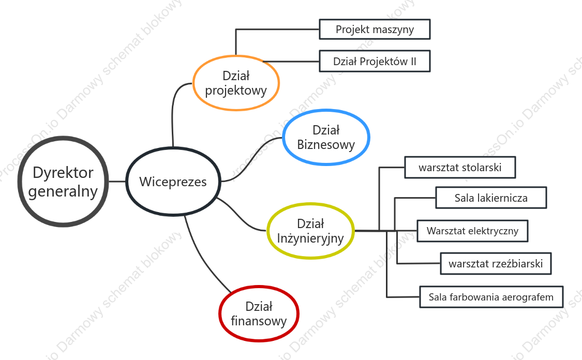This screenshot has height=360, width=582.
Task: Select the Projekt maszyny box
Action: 375,29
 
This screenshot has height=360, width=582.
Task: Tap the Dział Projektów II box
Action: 375,61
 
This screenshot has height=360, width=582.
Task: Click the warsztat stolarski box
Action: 460,168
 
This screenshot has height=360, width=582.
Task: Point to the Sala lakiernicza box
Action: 491,198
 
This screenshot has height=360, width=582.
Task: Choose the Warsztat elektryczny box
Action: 472,231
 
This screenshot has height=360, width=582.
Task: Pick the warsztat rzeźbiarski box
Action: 496,263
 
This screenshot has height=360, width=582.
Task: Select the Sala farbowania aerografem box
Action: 491,297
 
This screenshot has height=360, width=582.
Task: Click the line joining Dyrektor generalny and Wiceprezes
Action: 117,182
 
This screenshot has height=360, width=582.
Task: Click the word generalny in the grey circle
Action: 63,191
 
